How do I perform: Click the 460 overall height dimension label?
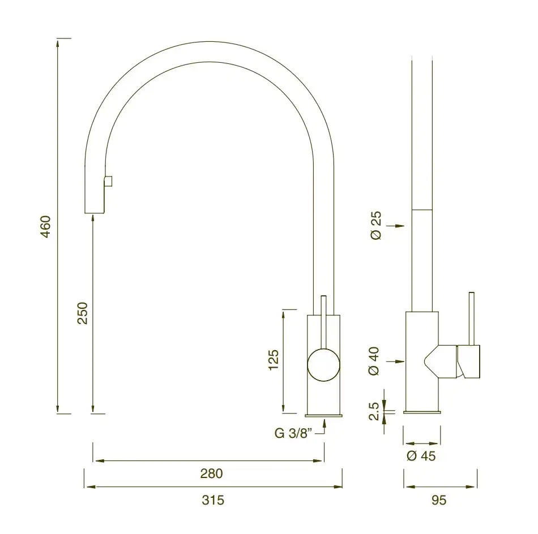[46, 226]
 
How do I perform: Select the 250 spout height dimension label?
[82, 313]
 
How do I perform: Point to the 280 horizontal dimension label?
[211, 473]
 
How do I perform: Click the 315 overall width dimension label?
[213, 500]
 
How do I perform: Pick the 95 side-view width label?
[439, 500]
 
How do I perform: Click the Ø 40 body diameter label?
[374, 362]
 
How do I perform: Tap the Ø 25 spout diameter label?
[376, 225]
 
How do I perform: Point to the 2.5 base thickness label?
[374, 412]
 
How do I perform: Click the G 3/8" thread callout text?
[293, 434]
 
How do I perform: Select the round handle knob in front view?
[324, 365]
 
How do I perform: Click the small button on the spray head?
[108, 180]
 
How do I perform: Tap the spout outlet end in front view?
[95, 213]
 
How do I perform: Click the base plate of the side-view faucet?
[422, 412]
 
